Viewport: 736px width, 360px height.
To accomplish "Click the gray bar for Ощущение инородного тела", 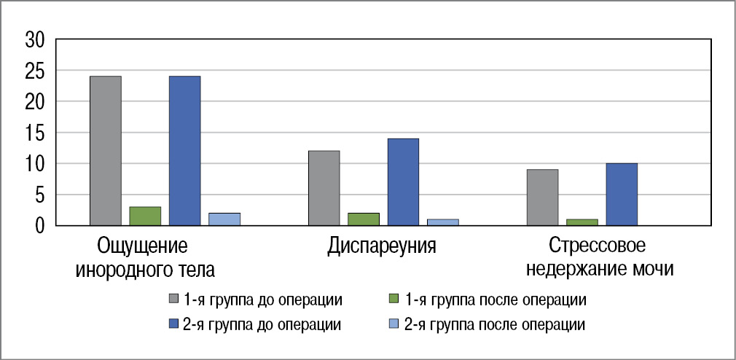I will point(106,151).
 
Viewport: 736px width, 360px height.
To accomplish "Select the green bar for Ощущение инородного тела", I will point(145,216).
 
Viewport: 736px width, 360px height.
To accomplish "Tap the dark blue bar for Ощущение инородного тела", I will point(184,151).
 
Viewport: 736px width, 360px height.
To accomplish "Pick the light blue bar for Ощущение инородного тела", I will point(224,219).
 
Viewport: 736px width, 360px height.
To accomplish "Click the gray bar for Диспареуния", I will point(324,188).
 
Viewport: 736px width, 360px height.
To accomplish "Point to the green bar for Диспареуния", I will point(364,219).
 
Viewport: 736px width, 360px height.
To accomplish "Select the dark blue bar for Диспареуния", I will point(403,182).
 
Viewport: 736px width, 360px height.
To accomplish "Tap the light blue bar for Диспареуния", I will point(443,222).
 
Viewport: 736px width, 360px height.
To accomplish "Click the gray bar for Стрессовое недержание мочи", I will point(543,197).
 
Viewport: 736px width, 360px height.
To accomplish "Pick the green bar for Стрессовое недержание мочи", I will point(582,222).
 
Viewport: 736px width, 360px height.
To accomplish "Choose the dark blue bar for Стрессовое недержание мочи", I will point(622,195).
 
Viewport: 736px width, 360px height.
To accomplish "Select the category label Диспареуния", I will point(382,245).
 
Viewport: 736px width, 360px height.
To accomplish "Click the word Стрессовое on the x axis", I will point(598,245).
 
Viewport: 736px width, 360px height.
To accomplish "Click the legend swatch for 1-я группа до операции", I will point(173,299).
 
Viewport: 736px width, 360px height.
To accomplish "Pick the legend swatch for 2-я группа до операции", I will point(173,323).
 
